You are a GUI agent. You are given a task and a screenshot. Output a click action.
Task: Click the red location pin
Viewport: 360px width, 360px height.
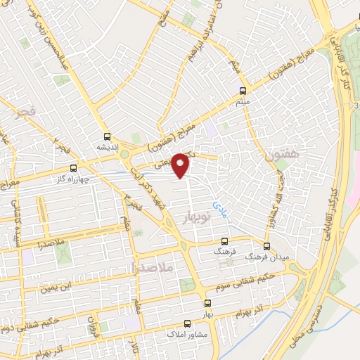coord(181,165)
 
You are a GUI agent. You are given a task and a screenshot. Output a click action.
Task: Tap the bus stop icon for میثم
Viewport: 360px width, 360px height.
coord(244,91)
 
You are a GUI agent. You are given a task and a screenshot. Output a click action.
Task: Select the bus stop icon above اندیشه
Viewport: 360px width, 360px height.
coord(107,136)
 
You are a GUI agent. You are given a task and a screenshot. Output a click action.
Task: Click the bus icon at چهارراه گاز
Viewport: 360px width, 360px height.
coord(74,168)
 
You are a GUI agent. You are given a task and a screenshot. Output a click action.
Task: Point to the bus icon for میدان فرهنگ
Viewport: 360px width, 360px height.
coord(266,246)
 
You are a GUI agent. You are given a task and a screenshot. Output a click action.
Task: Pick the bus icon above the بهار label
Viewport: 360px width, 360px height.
coord(207,304)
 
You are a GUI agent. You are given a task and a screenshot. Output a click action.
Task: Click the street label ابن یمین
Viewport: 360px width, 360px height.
coord(57,288)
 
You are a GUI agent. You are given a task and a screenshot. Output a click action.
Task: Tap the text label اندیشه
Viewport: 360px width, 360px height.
coord(108,148)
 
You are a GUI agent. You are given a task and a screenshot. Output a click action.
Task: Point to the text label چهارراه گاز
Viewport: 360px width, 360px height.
coord(73,179)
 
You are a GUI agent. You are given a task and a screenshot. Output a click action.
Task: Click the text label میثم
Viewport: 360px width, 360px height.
coord(243,103)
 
